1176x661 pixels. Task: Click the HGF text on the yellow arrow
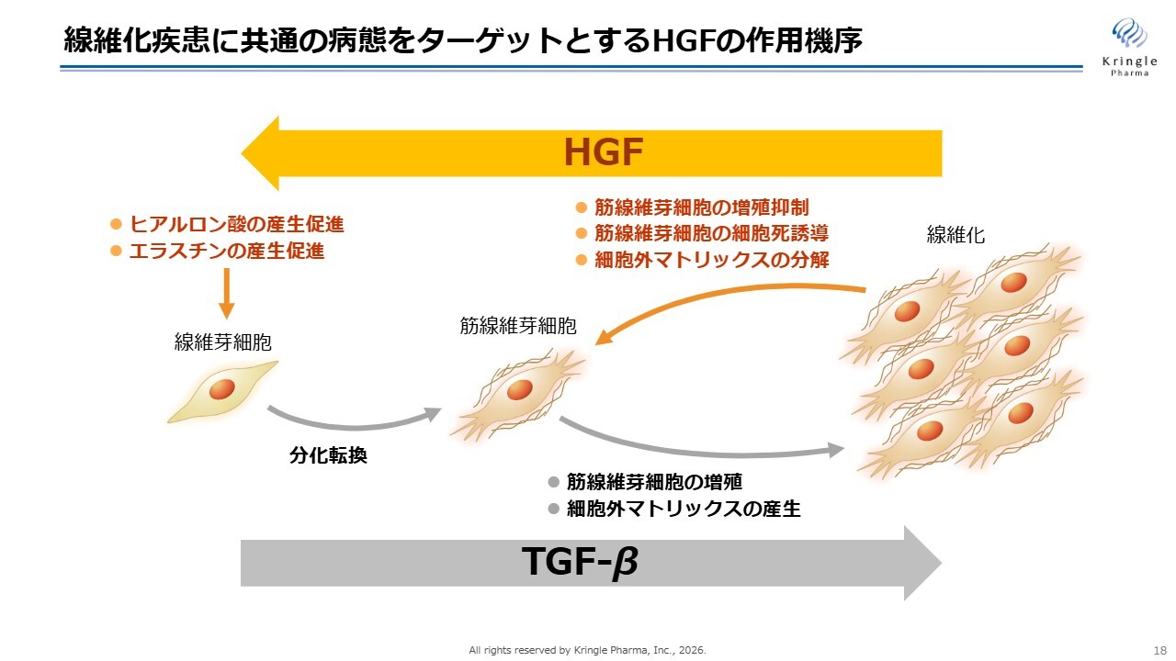coord(604,152)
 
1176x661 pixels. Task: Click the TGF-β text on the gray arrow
coord(580,562)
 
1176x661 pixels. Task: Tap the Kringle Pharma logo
coord(1130,47)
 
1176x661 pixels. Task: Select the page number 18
coord(1159,650)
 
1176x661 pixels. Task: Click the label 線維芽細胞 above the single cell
coord(222,342)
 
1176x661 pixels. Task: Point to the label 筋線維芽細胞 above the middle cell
coord(518,326)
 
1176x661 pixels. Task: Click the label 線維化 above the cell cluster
coord(955,234)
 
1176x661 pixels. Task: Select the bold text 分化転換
coord(328,455)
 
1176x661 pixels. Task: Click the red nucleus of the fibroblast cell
coord(222,389)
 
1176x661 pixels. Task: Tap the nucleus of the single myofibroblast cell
coord(520,390)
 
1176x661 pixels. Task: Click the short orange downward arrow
coord(226,293)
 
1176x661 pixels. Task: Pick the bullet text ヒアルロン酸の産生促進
coord(237,225)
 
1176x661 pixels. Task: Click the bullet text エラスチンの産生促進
coord(227,252)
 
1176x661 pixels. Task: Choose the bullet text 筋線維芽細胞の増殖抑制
coord(701,207)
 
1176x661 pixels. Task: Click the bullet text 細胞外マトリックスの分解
coord(711,260)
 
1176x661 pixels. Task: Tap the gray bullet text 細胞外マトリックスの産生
coord(684,509)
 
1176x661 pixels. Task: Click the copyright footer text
coord(587,651)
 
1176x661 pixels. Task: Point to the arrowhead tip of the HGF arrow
coord(242,153)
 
